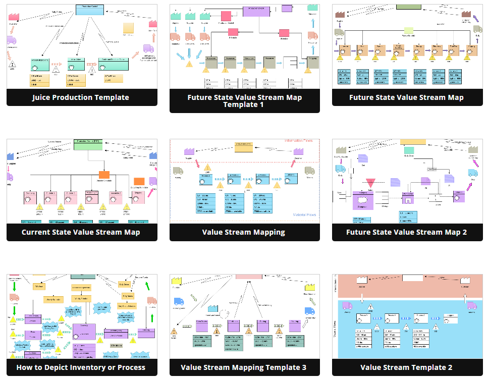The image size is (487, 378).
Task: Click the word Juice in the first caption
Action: (x=44, y=97)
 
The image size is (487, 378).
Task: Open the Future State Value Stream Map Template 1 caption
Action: (x=244, y=101)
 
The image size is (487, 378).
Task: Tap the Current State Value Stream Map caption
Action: (x=81, y=232)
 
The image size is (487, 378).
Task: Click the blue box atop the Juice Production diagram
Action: (x=89, y=9)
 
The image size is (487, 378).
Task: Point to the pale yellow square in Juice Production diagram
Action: (x=128, y=28)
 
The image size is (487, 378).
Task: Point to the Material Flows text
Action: (x=305, y=215)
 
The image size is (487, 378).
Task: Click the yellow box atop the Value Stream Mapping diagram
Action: (x=243, y=147)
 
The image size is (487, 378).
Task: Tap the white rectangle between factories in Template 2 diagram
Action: (x=412, y=278)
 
